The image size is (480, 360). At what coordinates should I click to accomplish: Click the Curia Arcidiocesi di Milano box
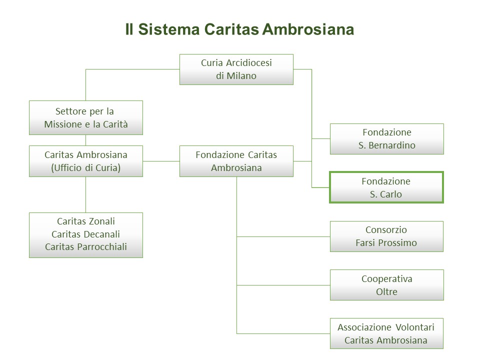click(236, 69)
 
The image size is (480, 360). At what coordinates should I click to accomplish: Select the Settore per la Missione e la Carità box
click(86, 117)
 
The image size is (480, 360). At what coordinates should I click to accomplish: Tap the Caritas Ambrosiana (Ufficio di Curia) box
click(86, 161)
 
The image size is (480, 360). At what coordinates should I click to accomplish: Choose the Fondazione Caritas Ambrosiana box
click(236, 161)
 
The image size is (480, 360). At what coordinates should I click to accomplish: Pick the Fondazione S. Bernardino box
click(386, 139)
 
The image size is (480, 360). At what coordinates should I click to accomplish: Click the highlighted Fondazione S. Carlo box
click(386, 187)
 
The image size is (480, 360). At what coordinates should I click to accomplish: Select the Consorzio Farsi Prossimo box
click(386, 236)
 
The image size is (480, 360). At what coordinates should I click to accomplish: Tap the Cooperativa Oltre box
click(386, 285)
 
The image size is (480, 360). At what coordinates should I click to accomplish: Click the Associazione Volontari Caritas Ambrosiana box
click(386, 333)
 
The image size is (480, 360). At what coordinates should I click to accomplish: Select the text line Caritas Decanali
click(86, 234)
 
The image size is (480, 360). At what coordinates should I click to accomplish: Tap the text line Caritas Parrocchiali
click(86, 246)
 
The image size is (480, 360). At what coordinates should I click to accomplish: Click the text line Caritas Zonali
click(86, 221)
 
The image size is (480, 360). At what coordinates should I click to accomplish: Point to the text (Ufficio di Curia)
click(86, 168)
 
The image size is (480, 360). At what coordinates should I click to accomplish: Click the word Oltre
click(386, 291)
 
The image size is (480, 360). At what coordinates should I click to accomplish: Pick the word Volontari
click(413, 327)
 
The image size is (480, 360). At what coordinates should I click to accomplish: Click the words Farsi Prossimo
click(386, 243)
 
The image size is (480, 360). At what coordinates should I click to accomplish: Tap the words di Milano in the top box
click(236, 76)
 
